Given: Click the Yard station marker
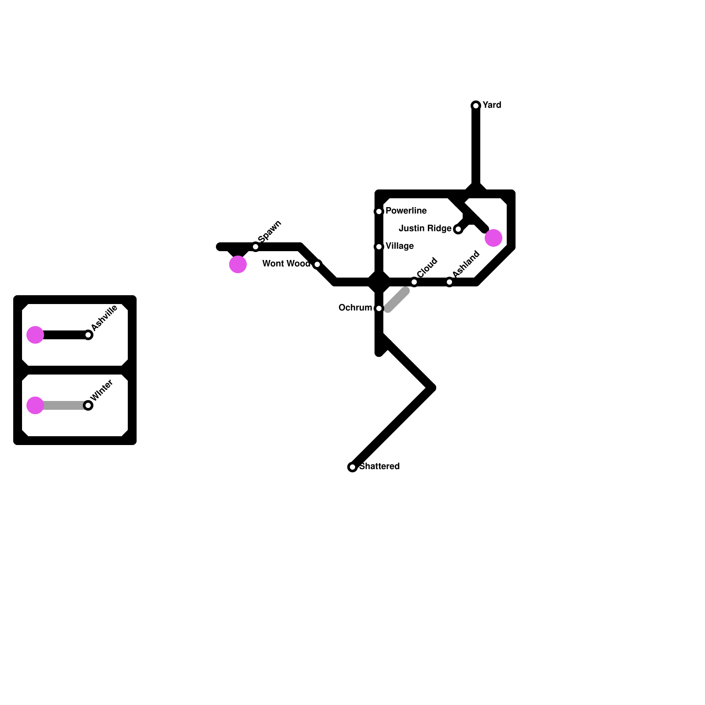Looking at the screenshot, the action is click(476, 106).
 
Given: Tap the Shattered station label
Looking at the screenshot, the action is click(379, 466).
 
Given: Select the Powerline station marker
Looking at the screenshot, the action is click(379, 211).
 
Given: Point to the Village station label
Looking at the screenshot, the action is click(399, 246).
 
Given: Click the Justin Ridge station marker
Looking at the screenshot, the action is click(458, 229).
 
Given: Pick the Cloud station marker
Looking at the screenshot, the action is click(414, 282).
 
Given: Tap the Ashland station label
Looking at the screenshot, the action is click(466, 264).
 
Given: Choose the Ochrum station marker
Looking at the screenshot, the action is click(379, 308).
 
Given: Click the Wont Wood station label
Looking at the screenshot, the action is click(286, 263).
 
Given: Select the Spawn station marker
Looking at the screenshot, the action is click(256, 247).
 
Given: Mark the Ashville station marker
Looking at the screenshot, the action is click(88, 335).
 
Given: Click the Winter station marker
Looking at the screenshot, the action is click(88, 405).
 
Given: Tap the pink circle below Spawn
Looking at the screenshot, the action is click(238, 264).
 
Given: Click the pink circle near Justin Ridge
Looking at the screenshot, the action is click(493, 238).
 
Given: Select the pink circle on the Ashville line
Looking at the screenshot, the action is click(35, 335).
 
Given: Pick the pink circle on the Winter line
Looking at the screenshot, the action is click(35, 405).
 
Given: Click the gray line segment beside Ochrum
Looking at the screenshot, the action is click(397, 300).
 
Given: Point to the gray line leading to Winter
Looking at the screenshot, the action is click(64, 405).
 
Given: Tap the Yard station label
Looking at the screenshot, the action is click(492, 105).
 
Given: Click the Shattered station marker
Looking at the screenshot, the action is click(352, 467).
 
